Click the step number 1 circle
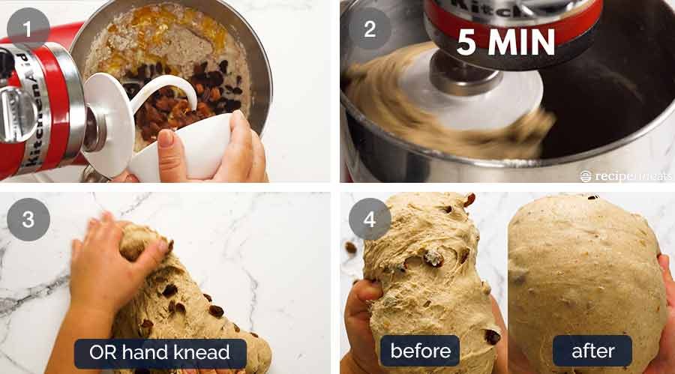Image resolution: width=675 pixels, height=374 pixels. pyautogui.click(x=28, y=28)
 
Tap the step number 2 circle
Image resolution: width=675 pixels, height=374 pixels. pyautogui.click(x=369, y=28)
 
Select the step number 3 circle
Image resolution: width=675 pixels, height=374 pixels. pyautogui.click(x=28, y=220)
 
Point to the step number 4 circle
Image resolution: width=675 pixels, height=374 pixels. pyautogui.click(x=369, y=220)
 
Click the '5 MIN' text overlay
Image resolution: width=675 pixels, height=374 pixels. pyautogui.click(x=506, y=43)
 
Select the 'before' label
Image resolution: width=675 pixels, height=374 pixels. pyautogui.click(x=420, y=351)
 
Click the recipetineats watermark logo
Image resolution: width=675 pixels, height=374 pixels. pyautogui.click(x=625, y=175)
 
